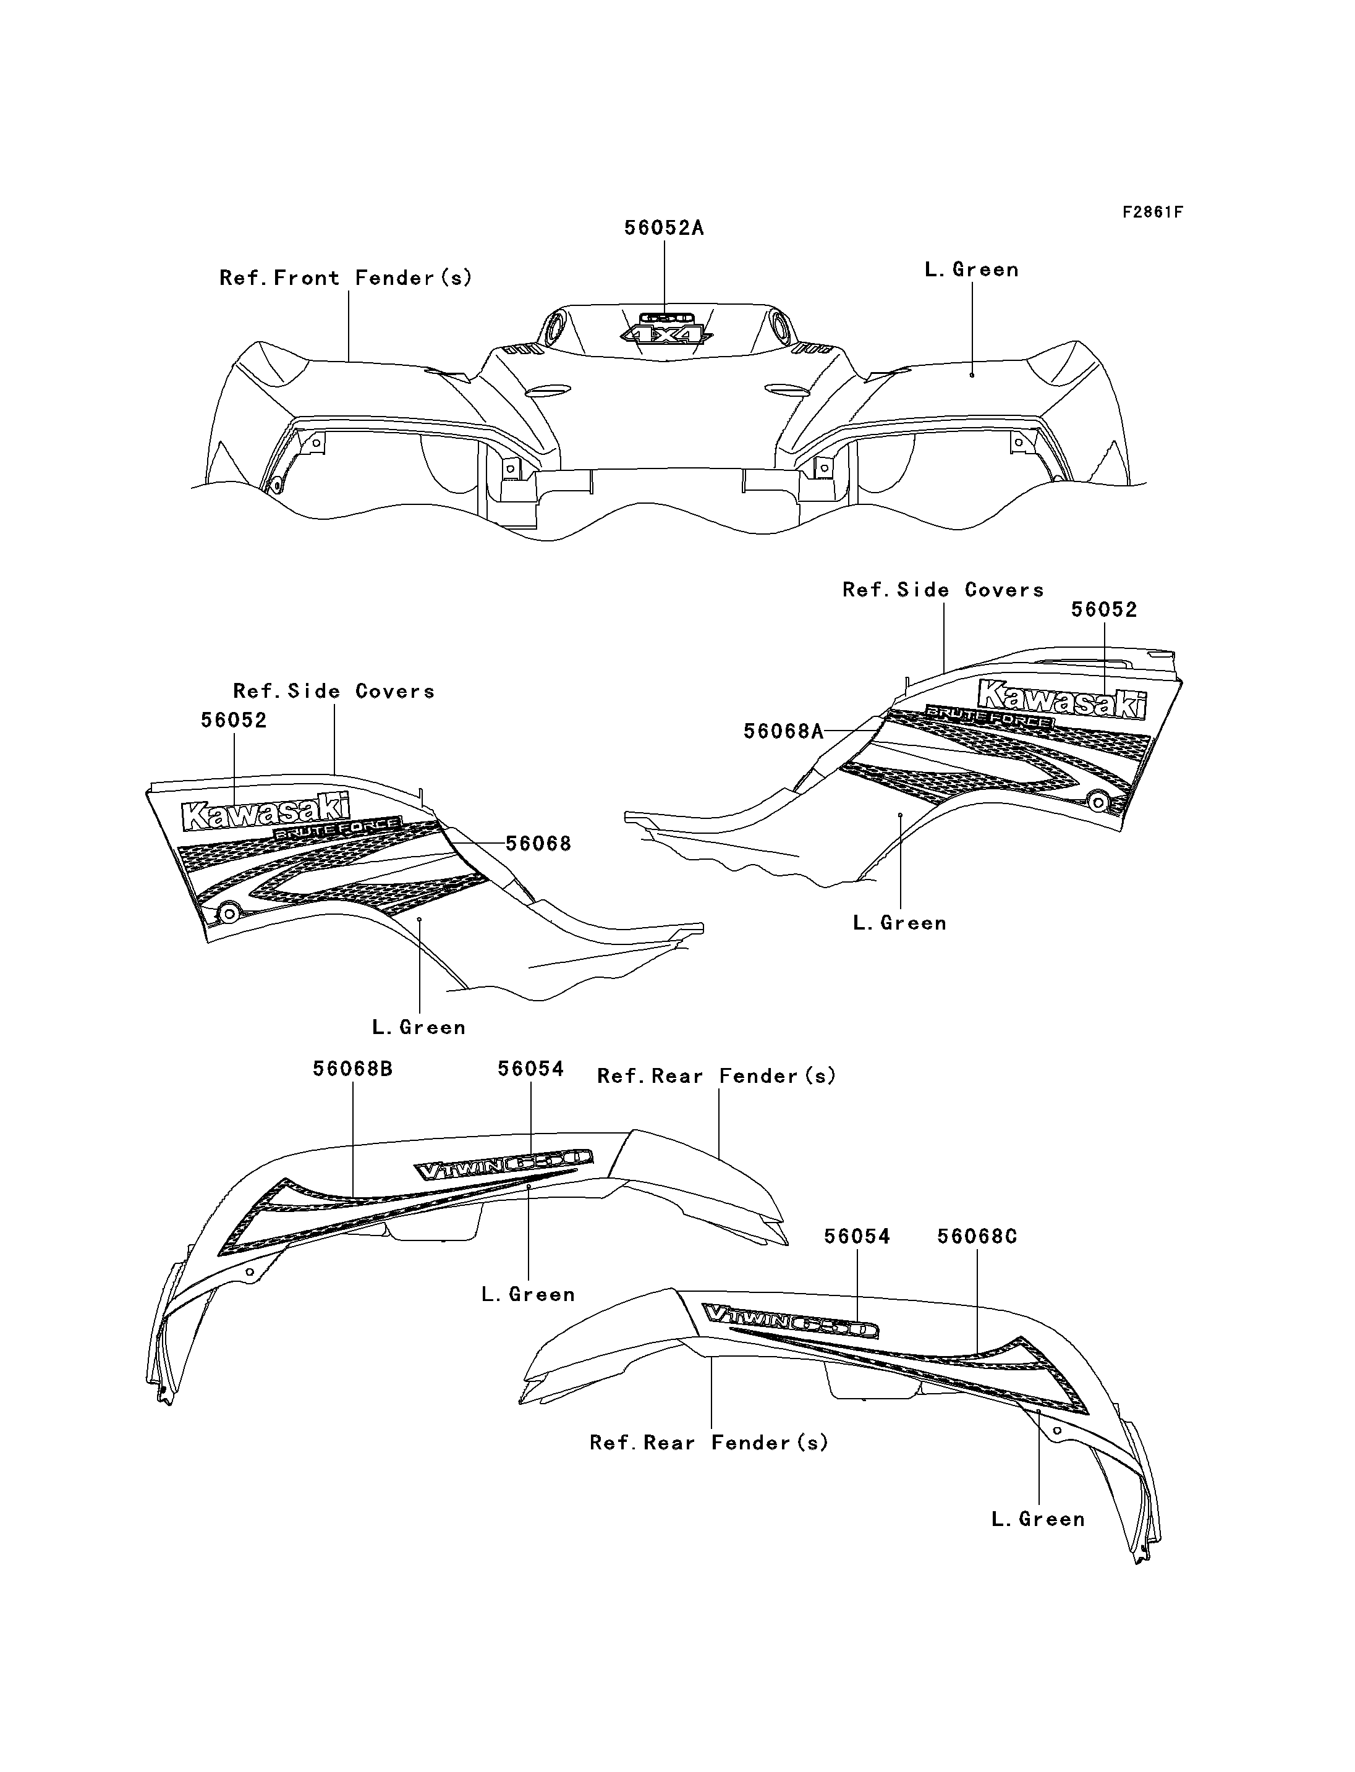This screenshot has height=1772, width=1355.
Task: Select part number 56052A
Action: click(664, 228)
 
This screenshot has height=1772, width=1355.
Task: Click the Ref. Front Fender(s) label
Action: click(345, 278)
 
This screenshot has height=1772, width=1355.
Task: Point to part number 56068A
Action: click(783, 732)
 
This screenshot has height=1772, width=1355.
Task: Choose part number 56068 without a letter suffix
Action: click(538, 844)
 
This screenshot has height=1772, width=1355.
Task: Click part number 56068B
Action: click(352, 1069)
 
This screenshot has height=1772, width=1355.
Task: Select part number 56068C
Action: click(977, 1237)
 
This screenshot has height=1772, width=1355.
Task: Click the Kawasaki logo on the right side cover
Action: click(1061, 698)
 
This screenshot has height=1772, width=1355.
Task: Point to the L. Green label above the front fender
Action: click(971, 270)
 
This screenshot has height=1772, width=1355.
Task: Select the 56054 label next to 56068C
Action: click(857, 1237)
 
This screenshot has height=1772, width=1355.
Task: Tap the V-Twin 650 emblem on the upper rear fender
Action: click(504, 1167)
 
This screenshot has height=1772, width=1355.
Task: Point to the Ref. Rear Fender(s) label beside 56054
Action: click(716, 1077)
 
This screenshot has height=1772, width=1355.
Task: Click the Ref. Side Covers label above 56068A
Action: click(943, 590)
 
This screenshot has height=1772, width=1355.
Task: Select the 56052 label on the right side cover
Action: click(1103, 611)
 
